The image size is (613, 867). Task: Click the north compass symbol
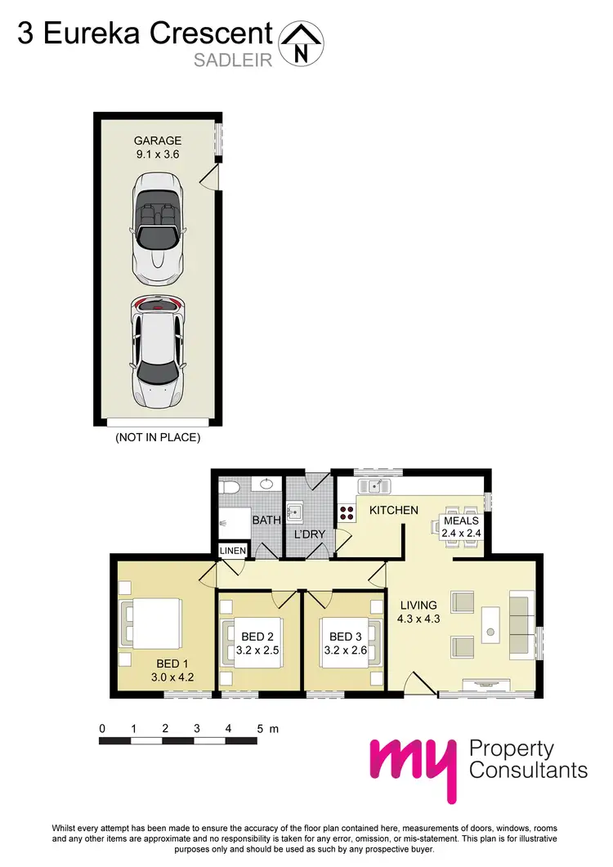(302, 42)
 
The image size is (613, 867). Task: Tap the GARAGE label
(158, 141)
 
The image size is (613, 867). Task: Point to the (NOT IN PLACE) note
(159, 437)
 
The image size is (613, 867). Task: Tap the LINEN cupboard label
(233, 552)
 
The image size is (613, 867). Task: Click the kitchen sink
(378, 487)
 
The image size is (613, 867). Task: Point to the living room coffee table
(491, 623)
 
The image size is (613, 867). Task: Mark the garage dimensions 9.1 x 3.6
(158, 154)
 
